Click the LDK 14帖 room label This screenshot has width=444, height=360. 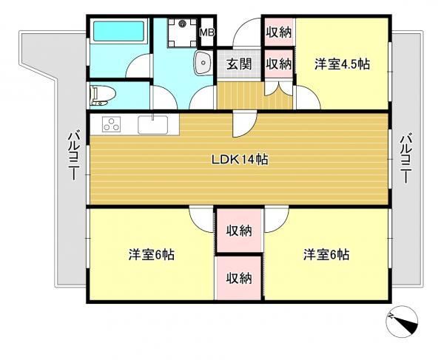(x=240, y=160)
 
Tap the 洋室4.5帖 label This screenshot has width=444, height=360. (x=342, y=64)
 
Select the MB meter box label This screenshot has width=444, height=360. (x=207, y=33)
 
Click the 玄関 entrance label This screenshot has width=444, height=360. (x=239, y=64)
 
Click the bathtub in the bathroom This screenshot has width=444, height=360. (x=118, y=32)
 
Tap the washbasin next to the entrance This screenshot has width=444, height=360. (x=203, y=63)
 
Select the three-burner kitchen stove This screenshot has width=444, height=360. (x=111, y=124)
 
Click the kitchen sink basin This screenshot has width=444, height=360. (x=153, y=125)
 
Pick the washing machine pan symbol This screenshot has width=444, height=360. (x=182, y=33)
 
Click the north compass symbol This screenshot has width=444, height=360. (x=402, y=322)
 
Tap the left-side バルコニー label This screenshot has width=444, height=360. (x=73, y=157)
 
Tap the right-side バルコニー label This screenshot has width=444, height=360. (x=406, y=159)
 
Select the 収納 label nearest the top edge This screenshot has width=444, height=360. (x=279, y=33)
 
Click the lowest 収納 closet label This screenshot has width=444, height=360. (x=239, y=279)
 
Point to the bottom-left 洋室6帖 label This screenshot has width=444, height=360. (x=152, y=254)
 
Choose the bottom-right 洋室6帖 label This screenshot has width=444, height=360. (x=326, y=254)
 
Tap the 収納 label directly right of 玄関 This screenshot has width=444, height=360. (x=279, y=64)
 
